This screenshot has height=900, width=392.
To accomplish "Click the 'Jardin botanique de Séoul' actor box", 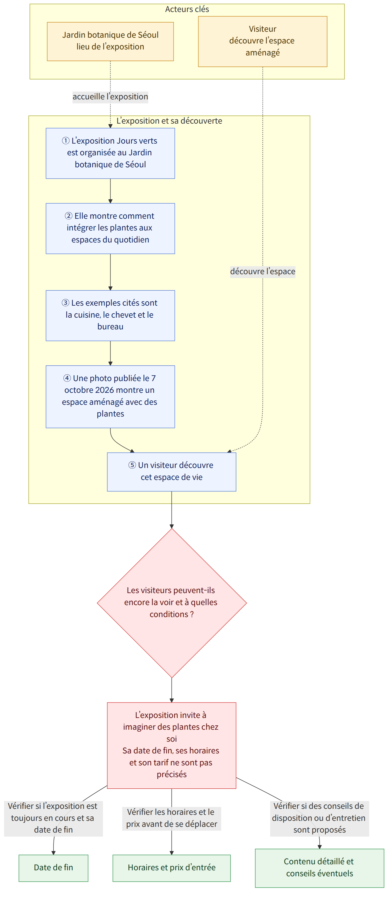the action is (x=110, y=41).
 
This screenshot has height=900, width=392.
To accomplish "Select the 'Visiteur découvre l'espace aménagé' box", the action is (x=262, y=41).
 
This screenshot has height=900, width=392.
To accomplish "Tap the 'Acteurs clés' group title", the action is (x=187, y=9).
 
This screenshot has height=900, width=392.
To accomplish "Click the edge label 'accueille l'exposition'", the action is (x=110, y=96).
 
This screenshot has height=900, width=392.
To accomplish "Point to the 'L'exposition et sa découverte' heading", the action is (x=169, y=121).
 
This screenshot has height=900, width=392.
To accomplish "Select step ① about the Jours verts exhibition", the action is (x=110, y=153).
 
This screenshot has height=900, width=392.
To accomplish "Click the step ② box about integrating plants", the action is (x=110, y=228).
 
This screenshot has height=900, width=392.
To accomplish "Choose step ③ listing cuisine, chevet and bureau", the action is (x=110, y=315).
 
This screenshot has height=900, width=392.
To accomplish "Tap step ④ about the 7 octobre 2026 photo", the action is (x=110, y=396).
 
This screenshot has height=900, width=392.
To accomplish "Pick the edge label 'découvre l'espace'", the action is (x=262, y=271).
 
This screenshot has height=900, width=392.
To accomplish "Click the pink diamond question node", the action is (x=172, y=603).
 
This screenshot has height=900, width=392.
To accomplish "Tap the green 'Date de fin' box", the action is (x=53, y=868).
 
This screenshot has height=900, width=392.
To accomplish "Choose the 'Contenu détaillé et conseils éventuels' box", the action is (x=319, y=868).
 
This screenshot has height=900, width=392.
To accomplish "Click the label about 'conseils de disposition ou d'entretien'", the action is (x=319, y=818).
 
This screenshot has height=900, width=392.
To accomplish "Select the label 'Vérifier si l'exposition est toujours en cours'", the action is (x=53, y=818).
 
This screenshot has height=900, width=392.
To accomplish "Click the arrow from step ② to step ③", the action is (x=110, y=272).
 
